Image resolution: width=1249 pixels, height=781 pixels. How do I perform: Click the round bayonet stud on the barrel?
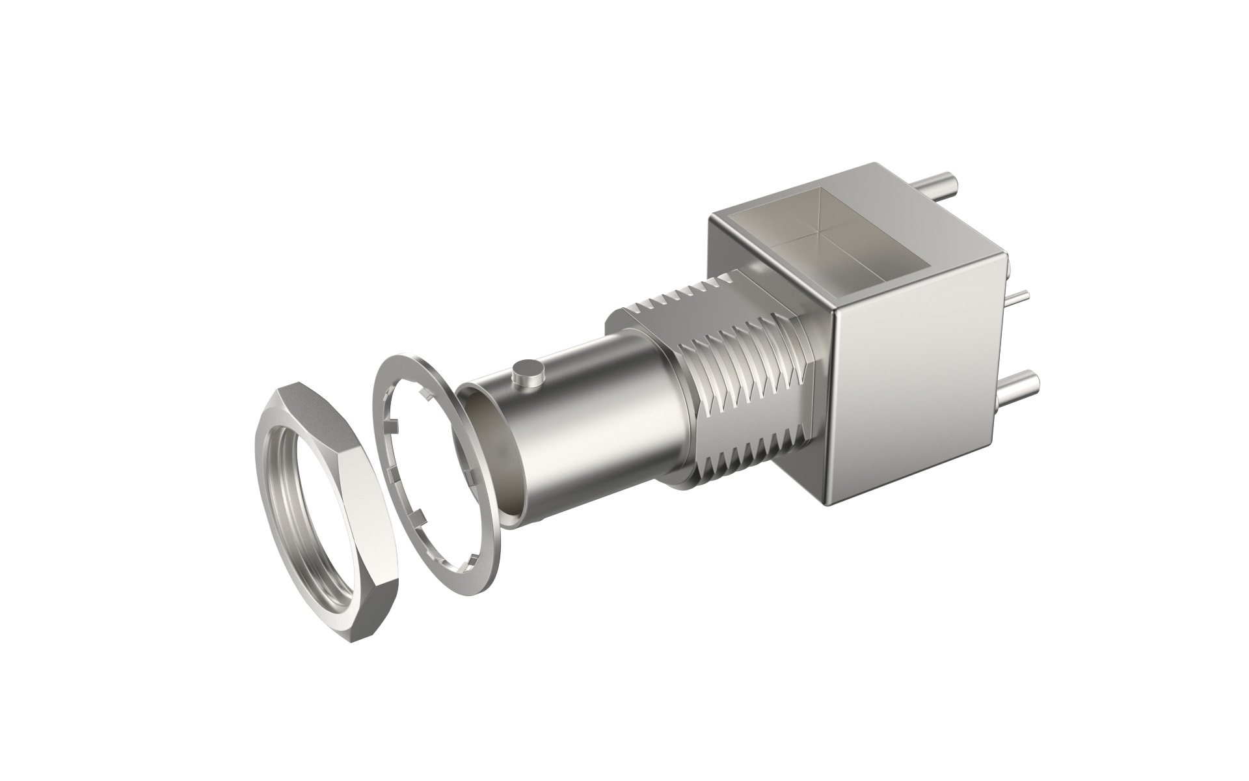[x=528, y=374]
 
